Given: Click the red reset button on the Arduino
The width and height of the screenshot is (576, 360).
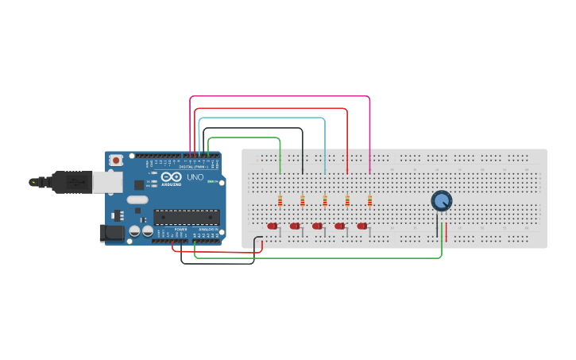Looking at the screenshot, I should (x=116, y=160).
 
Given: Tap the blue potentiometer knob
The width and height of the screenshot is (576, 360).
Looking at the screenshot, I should (x=441, y=200).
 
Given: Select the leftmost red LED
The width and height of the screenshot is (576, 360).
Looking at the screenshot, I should (x=273, y=226).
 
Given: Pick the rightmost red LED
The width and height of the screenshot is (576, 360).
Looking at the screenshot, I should (x=362, y=226).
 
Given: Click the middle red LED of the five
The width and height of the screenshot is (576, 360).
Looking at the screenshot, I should (x=317, y=226).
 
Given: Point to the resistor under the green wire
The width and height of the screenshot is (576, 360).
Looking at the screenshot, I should (x=280, y=200).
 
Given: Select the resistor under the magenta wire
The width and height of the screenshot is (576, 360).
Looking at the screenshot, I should (x=369, y=200).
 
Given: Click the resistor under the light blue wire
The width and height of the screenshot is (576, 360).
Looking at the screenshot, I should (x=325, y=200).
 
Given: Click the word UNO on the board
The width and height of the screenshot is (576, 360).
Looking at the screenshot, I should (x=195, y=176).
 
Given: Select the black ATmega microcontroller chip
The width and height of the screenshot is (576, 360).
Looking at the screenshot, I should (x=187, y=217).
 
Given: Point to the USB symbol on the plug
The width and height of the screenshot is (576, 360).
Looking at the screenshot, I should (x=77, y=182).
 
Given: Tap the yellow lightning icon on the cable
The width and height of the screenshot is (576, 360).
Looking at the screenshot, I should (x=33, y=182).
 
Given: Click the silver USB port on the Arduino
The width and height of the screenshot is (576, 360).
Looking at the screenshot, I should (x=106, y=182).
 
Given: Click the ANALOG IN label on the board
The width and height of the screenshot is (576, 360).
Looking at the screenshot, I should (x=208, y=230).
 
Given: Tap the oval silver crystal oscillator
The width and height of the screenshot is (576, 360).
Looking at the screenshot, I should (x=137, y=200).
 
